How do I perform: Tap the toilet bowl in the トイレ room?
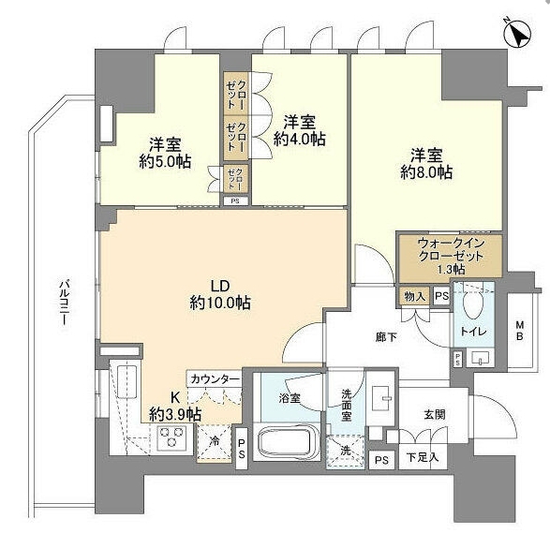point(473,305)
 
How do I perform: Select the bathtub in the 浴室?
point(287,443)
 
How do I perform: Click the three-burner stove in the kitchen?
point(171,437)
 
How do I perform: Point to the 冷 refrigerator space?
point(215,442)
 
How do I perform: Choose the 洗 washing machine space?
point(346,452)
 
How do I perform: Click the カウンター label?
point(215,379)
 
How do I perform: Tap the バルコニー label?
point(64,302)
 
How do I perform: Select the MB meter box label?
point(519,331)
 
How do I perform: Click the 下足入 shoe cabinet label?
point(423,457)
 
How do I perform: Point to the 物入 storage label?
point(415,297)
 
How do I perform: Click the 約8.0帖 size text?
point(426,172)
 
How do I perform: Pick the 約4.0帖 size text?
point(299,139)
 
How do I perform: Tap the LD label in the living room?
point(220,286)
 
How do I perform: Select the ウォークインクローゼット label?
point(451,249)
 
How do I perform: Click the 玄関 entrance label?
point(435,415)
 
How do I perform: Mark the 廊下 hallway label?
point(386,337)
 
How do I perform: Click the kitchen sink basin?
point(126,382)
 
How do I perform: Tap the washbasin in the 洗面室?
point(382,398)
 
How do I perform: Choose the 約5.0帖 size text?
point(165,162)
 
